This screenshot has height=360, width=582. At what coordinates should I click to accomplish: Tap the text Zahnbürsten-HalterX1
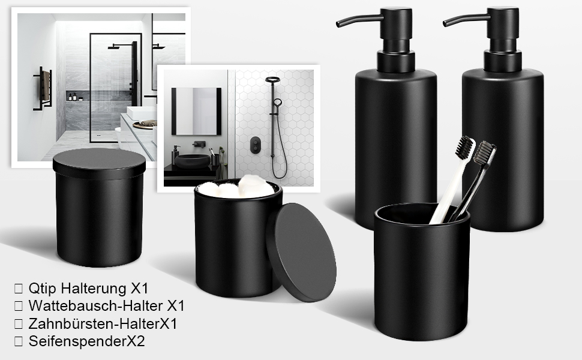pos(103,323)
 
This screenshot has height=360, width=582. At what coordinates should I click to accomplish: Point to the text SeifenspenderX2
pos(86,341)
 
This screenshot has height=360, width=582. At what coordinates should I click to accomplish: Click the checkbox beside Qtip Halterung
pos(18,289)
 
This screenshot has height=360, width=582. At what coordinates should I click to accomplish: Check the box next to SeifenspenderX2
pos(18,341)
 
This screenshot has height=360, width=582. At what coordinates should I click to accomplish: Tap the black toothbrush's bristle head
pos(484,152)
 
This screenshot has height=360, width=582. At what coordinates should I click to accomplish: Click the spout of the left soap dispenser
pos(359,20)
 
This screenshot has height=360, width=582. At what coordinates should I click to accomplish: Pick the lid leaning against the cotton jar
pos(302,252)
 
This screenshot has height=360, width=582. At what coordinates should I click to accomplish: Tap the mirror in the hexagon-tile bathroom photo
pos(196,112)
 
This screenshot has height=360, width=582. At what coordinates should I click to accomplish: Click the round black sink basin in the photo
pos(192,161)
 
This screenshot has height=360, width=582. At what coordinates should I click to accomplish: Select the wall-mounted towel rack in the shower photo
pos(43,88)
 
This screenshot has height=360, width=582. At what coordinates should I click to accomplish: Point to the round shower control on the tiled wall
pos(256,145)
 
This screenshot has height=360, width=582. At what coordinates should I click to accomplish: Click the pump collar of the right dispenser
pos(503,61)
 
